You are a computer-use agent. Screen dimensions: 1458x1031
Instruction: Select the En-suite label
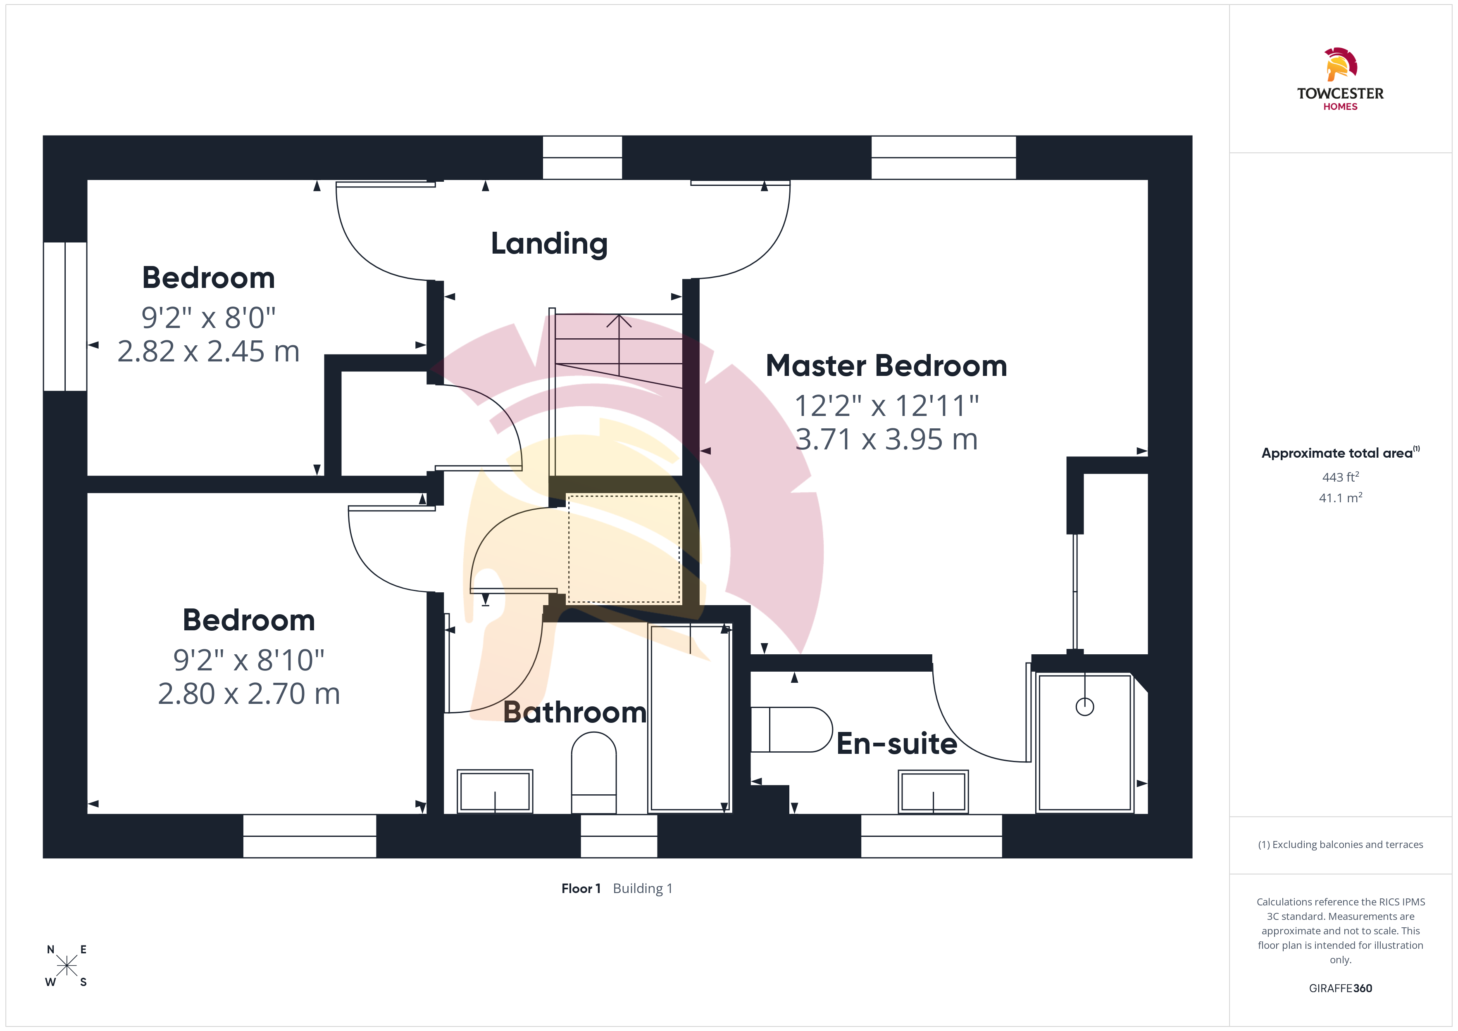pyautogui.click(x=897, y=744)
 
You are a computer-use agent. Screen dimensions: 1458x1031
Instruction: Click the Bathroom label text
pyautogui.click(x=575, y=712)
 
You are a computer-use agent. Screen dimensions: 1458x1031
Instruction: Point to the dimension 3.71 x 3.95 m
pyautogui.click(x=886, y=439)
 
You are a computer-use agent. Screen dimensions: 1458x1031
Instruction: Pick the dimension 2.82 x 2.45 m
pyautogui.click(x=208, y=352)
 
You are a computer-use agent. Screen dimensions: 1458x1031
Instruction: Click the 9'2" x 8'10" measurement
pyautogui.click(x=249, y=660)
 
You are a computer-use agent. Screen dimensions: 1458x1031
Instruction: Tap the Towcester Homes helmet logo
pyautogui.click(x=1341, y=64)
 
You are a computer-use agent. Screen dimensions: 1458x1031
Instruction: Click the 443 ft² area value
pyautogui.click(x=1341, y=477)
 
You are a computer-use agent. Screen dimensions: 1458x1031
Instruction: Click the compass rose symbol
pyautogui.click(x=67, y=966)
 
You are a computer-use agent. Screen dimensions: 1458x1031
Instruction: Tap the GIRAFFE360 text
pyautogui.click(x=1341, y=988)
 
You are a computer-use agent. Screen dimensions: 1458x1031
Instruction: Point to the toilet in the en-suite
pyautogui.click(x=791, y=729)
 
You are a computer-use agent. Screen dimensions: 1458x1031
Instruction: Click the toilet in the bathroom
pyautogui.click(x=594, y=772)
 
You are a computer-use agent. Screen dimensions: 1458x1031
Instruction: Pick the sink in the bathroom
pyautogui.click(x=495, y=791)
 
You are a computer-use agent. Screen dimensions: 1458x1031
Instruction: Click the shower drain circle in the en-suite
pyautogui.click(x=1084, y=706)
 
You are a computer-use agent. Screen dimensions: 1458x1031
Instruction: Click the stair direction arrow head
pyautogui.click(x=619, y=321)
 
